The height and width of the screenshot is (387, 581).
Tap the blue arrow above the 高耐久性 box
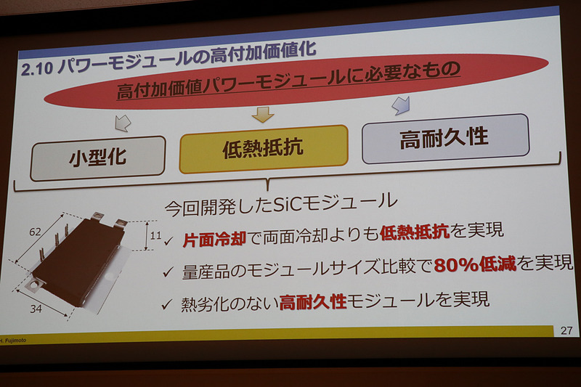pos(399,105)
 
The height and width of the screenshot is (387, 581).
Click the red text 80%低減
pos(474,264)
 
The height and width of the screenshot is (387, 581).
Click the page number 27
pos(566,330)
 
